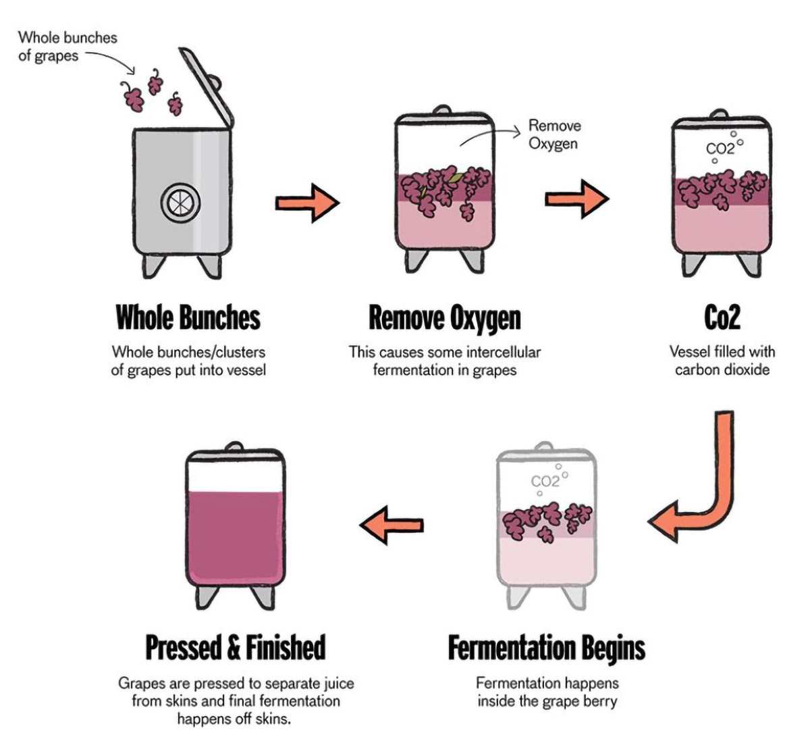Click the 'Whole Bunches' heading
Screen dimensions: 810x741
tap(188, 317)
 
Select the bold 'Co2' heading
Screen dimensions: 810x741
tap(722, 317)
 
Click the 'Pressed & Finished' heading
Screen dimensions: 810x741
tap(236, 648)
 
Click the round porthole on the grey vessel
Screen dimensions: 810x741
tap(180, 203)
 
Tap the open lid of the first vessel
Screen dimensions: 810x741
tap(206, 87)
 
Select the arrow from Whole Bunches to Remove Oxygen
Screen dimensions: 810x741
tap(307, 203)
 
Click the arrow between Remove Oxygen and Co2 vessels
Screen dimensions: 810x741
tap(577, 199)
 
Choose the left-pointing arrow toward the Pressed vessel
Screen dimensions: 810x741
tap(391, 525)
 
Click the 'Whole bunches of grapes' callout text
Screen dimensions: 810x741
tap(67, 47)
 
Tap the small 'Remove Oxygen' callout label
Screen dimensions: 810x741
tap(554, 134)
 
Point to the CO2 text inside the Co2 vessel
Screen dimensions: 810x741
tap(720, 149)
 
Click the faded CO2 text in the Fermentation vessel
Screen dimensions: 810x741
tap(545, 482)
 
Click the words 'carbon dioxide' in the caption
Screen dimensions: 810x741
tap(722, 370)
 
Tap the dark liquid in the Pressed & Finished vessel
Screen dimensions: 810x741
tap(236, 538)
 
